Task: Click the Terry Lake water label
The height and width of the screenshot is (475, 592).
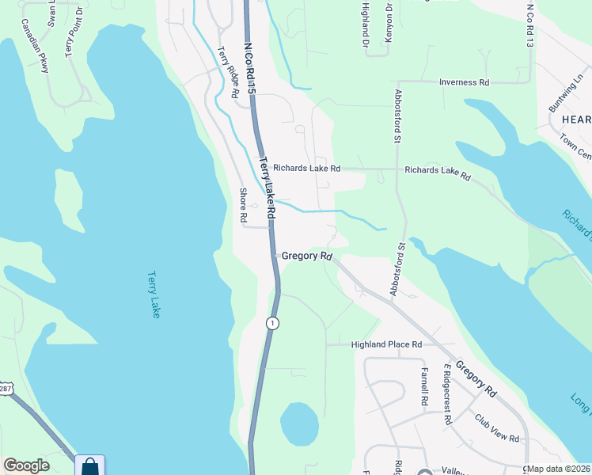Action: pos(154,295)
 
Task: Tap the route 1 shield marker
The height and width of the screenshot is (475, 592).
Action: pos(272,323)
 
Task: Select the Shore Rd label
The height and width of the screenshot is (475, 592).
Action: pos(244,205)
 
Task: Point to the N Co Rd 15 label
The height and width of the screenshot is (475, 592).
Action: pos(251,70)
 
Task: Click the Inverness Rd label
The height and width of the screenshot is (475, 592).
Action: pos(465,82)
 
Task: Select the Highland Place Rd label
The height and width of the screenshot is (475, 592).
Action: pos(386,344)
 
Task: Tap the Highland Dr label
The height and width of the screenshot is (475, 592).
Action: pos(365,24)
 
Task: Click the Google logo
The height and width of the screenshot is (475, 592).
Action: pos(26,465)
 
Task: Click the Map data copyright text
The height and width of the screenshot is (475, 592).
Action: pos(559,469)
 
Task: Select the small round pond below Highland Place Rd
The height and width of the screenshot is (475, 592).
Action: pos(300,424)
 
